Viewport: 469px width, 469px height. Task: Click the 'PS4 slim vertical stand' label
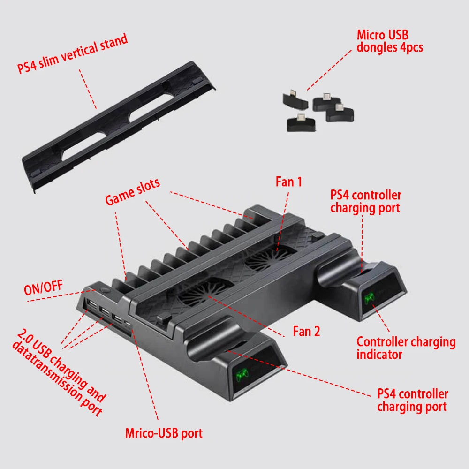point(73,54)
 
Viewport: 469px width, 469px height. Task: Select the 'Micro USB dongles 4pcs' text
point(389,41)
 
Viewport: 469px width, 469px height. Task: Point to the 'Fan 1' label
point(288,182)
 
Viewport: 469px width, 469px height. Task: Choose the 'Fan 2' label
point(306,331)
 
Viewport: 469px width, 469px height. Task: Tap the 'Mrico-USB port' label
point(164,432)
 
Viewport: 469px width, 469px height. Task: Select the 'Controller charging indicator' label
point(406,348)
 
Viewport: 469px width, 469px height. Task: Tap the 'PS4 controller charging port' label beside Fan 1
point(365,202)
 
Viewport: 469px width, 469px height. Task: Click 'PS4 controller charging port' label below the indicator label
point(412,400)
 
